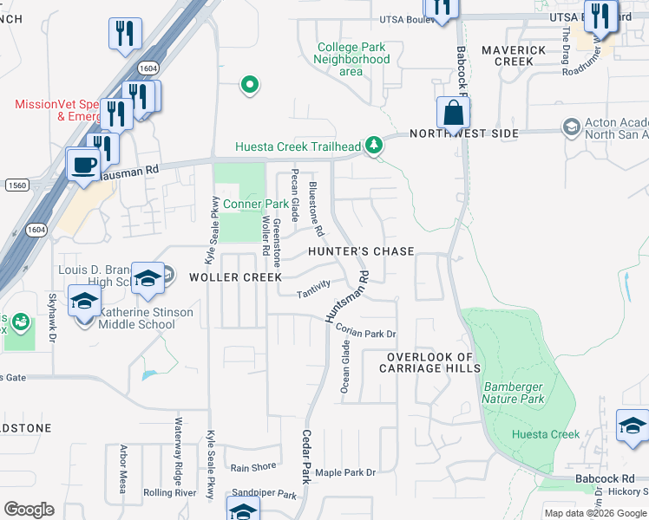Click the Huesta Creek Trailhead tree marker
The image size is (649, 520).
tap(374, 146)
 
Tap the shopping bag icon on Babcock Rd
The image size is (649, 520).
tap(453, 114)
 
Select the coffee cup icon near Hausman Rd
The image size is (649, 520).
tap(84, 165)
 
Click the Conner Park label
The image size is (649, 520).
tap(255, 205)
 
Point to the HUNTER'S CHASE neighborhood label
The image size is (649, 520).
tap(362, 251)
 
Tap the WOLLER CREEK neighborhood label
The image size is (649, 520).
tap(236, 277)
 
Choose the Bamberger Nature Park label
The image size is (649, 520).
tap(515, 393)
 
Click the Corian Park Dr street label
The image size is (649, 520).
tap(365, 334)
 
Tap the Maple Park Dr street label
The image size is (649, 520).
tap(345, 472)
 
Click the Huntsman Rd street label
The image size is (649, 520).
tap(346, 298)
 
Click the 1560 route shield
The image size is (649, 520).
tap(16, 185)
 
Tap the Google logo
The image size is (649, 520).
tap(29, 510)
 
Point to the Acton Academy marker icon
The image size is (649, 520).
tap(571, 128)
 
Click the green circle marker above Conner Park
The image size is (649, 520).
tap(250, 85)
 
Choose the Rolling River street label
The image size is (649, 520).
tap(170, 493)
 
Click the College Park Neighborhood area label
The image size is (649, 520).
tap(351, 60)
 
